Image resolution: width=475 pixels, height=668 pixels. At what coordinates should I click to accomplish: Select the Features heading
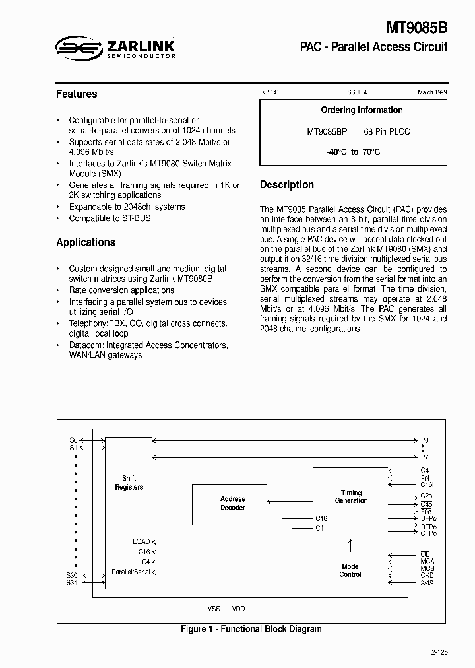click(x=77, y=94)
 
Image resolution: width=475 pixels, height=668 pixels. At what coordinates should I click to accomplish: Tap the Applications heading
click(x=86, y=242)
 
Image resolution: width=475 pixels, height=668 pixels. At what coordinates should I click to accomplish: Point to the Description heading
click(x=286, y=185)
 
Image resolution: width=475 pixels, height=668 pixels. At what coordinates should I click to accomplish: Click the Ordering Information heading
click(x=362, y=110)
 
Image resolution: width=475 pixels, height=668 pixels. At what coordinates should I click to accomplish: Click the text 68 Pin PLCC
click(x=387, y=131)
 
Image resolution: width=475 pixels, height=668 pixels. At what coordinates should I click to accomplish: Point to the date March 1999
click(x=432, y=93)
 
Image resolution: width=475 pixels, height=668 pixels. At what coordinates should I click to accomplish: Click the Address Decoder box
click(x=232, y=503)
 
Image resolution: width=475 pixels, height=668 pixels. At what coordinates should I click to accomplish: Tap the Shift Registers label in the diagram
click(x=129, y=483)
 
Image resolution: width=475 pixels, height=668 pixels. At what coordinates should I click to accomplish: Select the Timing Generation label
click(x=351, y=496)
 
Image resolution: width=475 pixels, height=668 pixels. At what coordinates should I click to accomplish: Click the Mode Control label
click(x=350, y=570)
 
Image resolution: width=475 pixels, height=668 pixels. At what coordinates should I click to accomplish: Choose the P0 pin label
click(x=424, y=440)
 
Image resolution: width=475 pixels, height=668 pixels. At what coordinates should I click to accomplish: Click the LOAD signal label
click(x=141, y=541)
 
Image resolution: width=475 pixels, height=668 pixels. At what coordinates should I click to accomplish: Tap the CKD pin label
click(x=427, y=576)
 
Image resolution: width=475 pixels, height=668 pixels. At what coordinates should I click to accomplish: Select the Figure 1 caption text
click(x=251, y=629)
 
